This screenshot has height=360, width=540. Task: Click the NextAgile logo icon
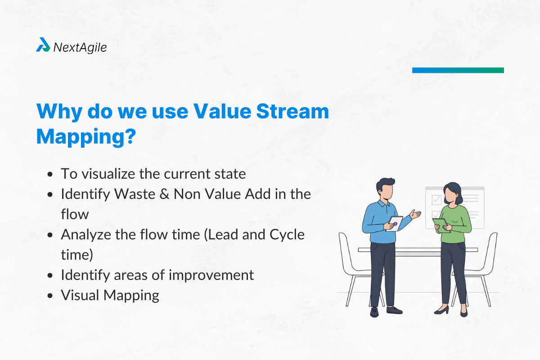click(x=43, y=45)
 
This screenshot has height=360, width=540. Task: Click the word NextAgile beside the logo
click(x=80, y=47)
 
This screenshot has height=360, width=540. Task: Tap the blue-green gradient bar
click(x=458, y=70)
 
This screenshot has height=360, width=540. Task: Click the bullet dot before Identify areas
click(x=51, y=275)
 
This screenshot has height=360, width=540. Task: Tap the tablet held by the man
click(x=395, y=223)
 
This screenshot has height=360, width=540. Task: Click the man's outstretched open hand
click(x=416, y=215)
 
